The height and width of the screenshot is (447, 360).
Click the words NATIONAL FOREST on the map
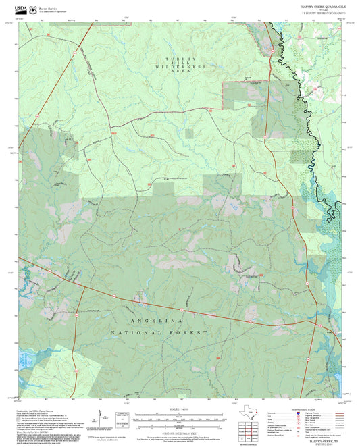coord(160,333)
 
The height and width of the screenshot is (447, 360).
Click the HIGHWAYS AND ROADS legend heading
coord(317,410)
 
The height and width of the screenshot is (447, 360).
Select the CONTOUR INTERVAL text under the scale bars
coord(180,431)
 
